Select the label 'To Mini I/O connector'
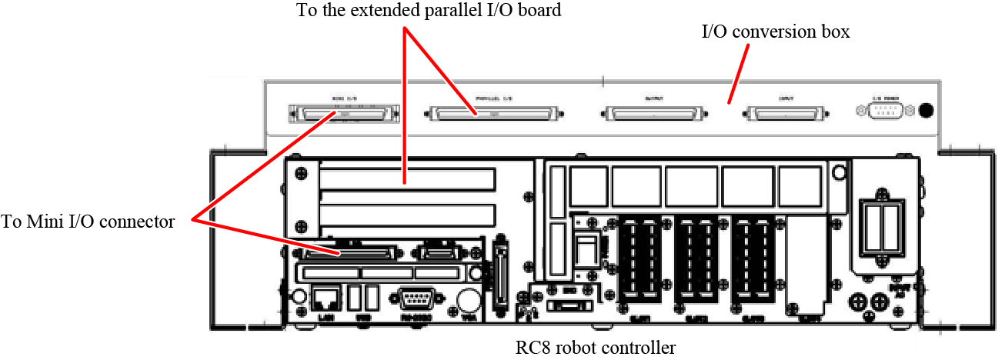coord(88,222)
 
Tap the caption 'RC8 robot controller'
coord(596,348)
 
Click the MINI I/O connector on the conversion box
coord(343,114)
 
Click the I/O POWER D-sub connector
coord(883,111)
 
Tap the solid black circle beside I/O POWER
coord(927,110)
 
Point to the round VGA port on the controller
coord(468,298)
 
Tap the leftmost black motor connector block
coord(639,261)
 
